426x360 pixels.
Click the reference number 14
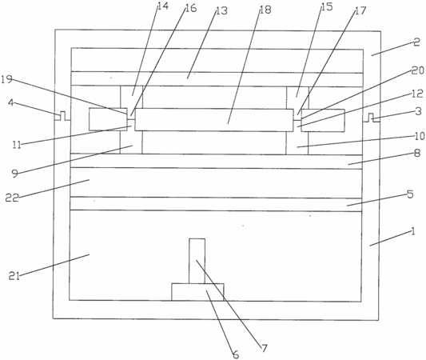tap(163, 6)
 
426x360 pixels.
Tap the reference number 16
tap(191, 8)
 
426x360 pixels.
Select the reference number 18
tap(265, 10)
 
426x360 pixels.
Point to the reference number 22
tap(12, 198)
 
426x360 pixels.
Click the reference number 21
tap(14, 276)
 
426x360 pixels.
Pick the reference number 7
tap(265, 348)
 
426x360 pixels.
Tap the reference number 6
tap(236, 354)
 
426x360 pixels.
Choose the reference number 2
tap(416, 42)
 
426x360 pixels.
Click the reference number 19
tap(6, 79)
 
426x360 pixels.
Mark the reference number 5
tap(410, 194)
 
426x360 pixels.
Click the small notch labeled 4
tap(63, 116)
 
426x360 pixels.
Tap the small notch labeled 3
tap(371, 117)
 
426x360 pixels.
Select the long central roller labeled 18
tap(214, 120)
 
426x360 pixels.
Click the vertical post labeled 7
tap(197, 261)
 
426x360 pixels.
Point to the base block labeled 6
tap(197, 292)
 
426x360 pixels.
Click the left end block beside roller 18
tap(108, 119)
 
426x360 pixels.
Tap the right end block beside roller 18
tap(323, 121)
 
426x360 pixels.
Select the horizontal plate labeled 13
tap(217, 79)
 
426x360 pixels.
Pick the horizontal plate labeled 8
tap(217, 162)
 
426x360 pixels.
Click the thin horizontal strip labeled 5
tap(216, 204)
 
